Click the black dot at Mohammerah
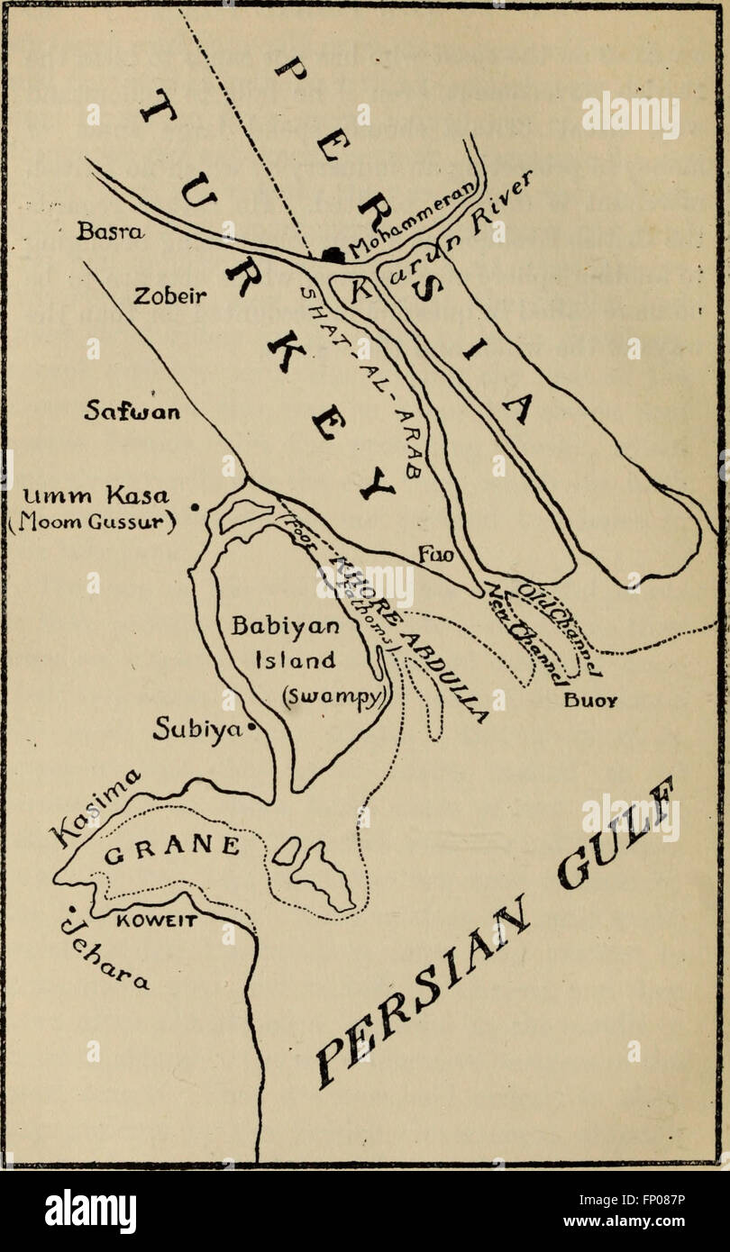333,255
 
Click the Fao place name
434,556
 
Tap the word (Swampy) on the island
280,696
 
